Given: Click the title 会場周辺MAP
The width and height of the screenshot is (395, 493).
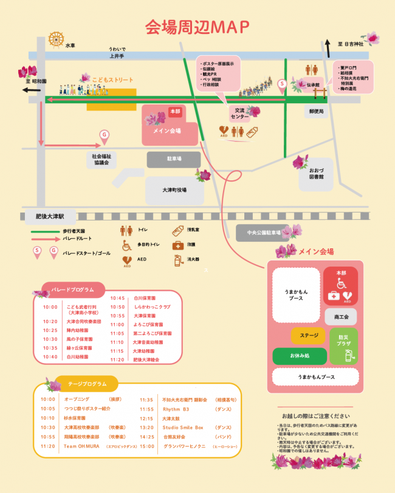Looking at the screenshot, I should coord(197,27).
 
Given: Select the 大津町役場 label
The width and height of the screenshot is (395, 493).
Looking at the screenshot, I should coord(174,190).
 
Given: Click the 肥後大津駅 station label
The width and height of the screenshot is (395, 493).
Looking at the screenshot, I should coord(54,216).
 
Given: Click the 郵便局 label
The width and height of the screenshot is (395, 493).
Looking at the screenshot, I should coord(316,112).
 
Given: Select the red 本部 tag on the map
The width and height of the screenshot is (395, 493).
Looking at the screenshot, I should coord(175,112).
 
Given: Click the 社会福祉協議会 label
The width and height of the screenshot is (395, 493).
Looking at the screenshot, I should coord(101,160).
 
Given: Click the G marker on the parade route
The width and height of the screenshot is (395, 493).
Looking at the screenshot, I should coord(104,134).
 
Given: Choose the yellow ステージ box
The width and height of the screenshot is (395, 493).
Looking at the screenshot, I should coord(309,335).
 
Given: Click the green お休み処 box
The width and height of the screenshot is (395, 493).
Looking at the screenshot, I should coord(300,356).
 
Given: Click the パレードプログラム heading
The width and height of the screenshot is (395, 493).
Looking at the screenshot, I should coord(72,290).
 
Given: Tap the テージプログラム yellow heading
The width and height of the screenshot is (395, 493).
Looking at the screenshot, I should coord(87,384).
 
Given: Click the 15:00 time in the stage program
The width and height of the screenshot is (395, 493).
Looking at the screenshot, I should coord(147,446).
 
